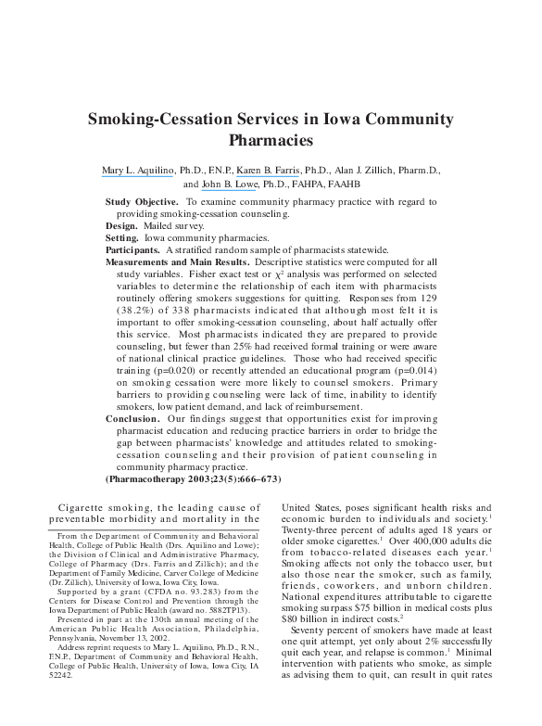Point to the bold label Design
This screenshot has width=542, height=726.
point(121,226)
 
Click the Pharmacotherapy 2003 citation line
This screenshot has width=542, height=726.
point(192,478)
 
